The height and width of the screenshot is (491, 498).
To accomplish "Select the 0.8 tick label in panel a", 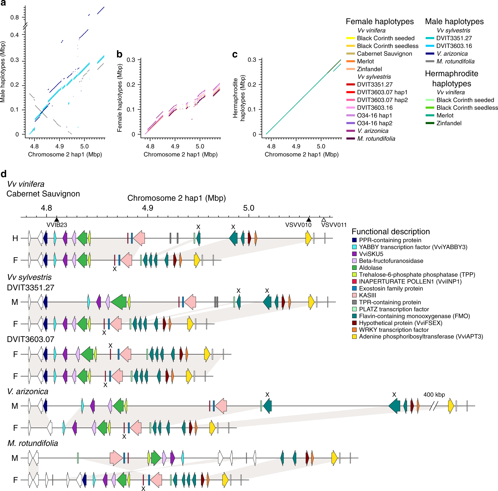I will (15, 17).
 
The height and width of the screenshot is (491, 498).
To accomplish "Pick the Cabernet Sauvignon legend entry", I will (384, 53).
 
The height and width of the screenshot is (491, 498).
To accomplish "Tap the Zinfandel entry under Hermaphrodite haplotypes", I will (449, 123).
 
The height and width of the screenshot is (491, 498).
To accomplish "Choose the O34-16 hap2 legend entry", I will (374, 123).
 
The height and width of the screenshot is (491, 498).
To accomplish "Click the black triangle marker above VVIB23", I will (57, 219).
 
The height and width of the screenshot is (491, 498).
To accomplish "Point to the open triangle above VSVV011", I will (324, 220).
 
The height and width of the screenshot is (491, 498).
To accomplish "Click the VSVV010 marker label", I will (298, 225).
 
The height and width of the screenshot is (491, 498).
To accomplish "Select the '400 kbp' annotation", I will (434, 394).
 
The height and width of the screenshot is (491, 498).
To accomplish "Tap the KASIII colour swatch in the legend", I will (354, 295).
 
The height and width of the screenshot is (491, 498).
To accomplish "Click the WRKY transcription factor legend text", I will (394, 330).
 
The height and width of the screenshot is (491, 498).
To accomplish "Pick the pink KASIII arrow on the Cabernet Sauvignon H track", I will (139, 238).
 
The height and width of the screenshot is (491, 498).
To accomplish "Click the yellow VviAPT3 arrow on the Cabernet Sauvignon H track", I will (308, 238).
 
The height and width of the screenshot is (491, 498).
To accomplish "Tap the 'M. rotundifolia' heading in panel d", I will (33, 443).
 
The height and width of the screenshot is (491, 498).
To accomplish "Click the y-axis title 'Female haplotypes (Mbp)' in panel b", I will (119, 98).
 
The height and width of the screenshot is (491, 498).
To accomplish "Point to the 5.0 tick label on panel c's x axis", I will (321, 146).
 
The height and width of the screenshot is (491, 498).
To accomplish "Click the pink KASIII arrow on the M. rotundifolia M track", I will (116, 458).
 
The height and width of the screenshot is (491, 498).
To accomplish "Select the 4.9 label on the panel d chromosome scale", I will (148, 208).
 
